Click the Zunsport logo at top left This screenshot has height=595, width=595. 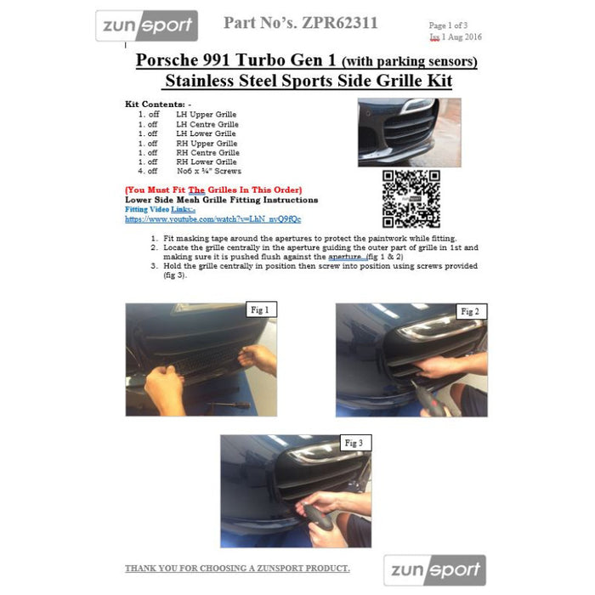click(146, 26)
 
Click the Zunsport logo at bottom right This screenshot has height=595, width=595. click(434, 569)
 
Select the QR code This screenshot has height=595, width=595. click(411, 199)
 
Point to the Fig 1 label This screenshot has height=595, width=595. click(259, 310)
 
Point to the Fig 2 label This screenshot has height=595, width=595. click(468, 312)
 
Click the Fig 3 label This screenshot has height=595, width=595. click(354, 443)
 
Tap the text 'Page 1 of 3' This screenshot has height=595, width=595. click(450, 26)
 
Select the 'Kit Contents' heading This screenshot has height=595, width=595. click(157, 104)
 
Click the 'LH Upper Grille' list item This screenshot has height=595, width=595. click(206, 114)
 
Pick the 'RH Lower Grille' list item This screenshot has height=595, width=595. click(206, 161)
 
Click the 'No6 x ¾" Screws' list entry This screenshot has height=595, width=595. click(208, 171)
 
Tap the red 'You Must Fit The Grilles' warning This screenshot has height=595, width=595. click(212, 190)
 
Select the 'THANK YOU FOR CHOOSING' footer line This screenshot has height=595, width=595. click(237, 568)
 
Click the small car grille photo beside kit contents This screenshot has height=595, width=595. click(409, 132)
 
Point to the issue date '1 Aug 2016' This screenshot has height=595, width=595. click(463, 38)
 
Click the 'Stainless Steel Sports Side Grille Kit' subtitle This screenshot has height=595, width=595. click(307, 82)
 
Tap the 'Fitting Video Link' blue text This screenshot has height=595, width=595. click(160, 208)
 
